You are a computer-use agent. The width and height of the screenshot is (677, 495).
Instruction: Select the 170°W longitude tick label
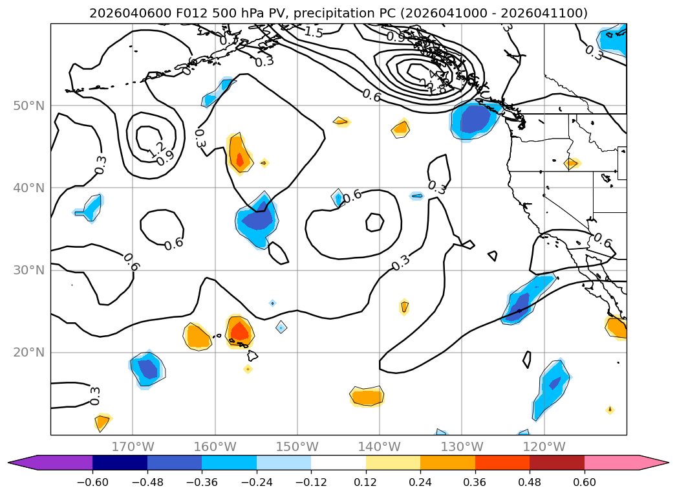pos(133,446)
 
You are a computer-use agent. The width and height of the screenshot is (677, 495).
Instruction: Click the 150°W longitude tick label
pos(297,446)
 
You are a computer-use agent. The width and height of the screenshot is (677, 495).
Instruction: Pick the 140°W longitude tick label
pos(380,446)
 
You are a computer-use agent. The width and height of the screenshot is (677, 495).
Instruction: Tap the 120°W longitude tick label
pos(544,446)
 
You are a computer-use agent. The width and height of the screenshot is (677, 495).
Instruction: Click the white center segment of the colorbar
pos(338,463)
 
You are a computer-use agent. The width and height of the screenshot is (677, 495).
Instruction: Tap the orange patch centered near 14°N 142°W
pos(367,396)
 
